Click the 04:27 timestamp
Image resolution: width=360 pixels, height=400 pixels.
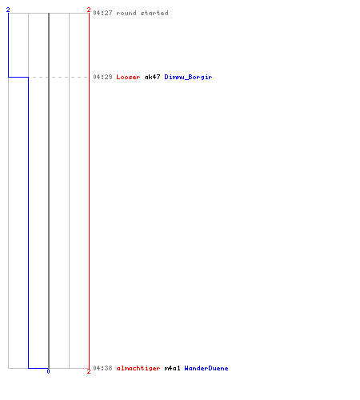pyautogui.click(x=102, y=13)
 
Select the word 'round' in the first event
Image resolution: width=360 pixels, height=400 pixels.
pyautogui.click(x=126, y=13)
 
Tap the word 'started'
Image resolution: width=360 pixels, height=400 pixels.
pyautogui.click(x=154, y=13)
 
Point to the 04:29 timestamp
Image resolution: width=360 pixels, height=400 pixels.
pyautogui.click(x=102, y=77)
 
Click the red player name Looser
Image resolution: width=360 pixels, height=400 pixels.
pyautogui.click(x=128, y=77)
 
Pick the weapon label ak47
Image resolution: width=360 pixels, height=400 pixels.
pyautogui.click(x=152, y=77)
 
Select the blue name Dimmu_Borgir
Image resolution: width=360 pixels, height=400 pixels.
pyautogui.click(x=188, y=77)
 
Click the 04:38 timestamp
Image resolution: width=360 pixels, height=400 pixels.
pyautogui.click(x=102, y=368)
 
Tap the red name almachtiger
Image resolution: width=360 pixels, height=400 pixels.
pyautogui.click(x=138, y=368)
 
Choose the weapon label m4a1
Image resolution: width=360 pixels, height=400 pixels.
pyautogui.click(x=172, y=368)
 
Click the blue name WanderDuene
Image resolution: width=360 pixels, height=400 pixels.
pyautogui.click(x=206, y=368)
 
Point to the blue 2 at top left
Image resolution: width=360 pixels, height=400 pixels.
pyautogui.click(x=8, y=10)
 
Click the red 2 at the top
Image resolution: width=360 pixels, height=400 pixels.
pyautogui.click(x=89, y=10)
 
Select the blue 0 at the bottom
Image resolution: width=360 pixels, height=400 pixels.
pyautogui.click(x=48, y=371)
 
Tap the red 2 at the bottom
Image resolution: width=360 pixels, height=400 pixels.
pyautogui.click(x=89, y=371)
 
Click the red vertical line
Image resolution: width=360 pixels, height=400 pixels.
pyautogui.click(x=89, y=190)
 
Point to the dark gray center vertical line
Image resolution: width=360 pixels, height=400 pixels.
pyautogui.click(x=49, y=190)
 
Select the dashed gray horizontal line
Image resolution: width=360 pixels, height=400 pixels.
pyautogui.click(x=58, y=77)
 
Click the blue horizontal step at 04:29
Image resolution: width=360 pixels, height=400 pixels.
pyautogui.click(x=18, y=77)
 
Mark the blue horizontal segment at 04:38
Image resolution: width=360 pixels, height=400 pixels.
pyautogui.click(x=38, y=368)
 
